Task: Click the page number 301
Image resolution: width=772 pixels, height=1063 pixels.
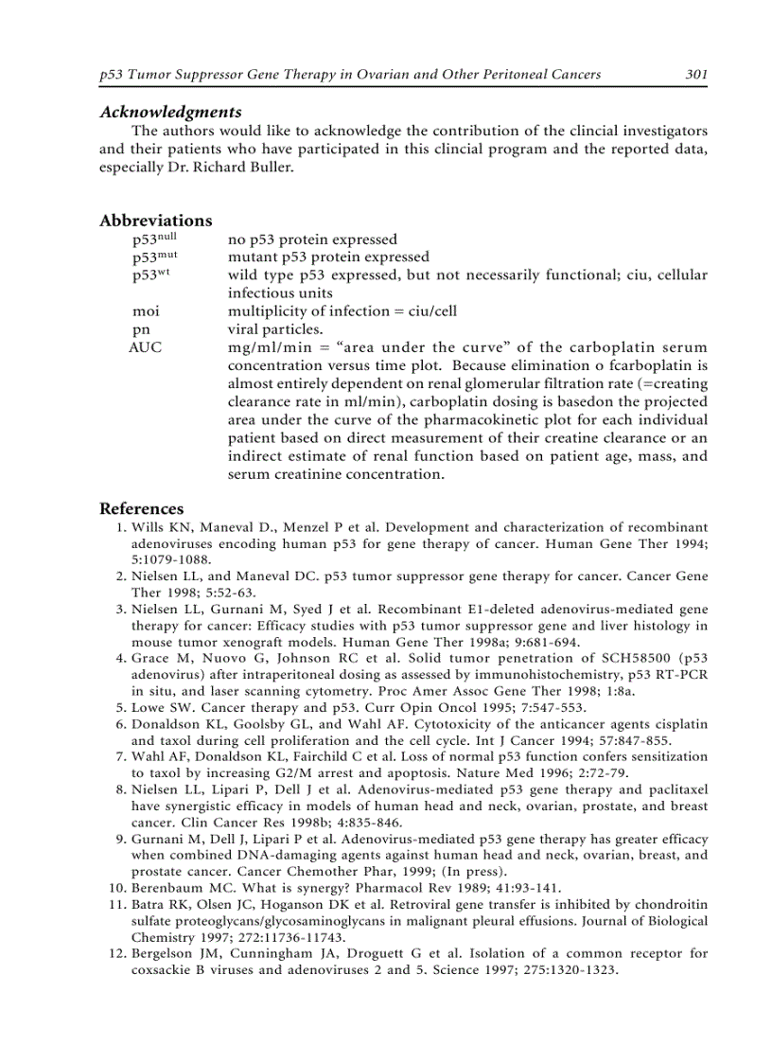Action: tap(696, 75)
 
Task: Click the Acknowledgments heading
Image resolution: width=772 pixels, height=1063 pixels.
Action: tap(170, 112)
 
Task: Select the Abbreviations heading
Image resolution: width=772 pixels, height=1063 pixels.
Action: tap(155, 221)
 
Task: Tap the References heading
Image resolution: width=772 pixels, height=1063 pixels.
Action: tap(142, 508)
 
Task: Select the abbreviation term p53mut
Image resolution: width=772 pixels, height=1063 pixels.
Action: tap(154, 257)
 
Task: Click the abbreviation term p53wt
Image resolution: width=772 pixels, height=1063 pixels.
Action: tap(151, 275)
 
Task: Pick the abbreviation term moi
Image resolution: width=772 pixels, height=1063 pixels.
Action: tap(146, 311)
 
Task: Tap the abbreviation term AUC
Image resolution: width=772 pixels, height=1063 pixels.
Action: tap(146, 347)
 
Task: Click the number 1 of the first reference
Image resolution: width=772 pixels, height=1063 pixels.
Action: tap(119, 527)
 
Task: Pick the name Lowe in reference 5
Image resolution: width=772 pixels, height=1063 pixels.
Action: tap(149, 707)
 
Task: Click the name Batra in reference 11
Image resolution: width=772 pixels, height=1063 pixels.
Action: tap(149, 905)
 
